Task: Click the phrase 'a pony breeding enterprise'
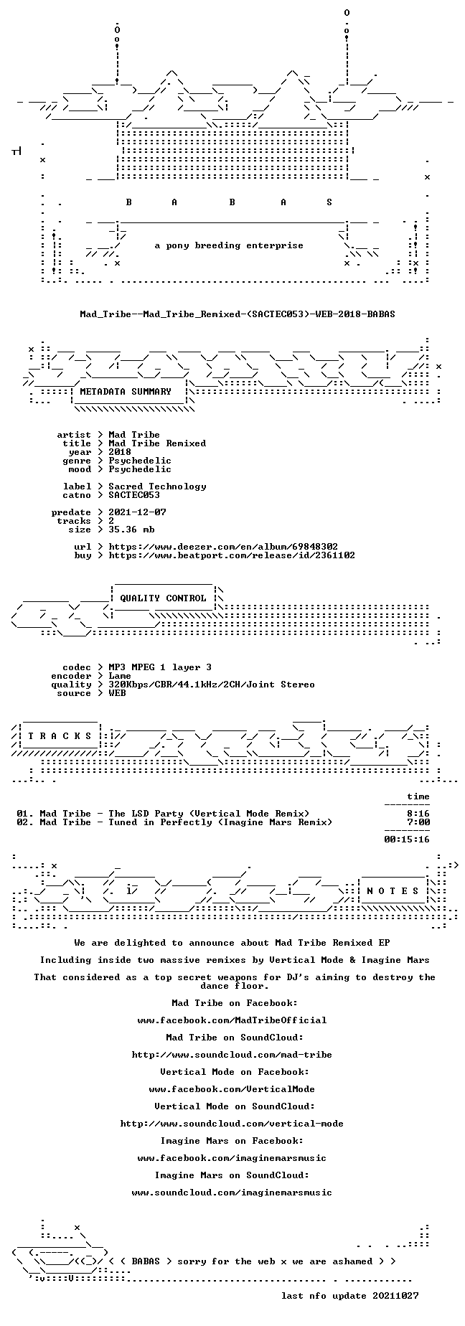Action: point(229,245)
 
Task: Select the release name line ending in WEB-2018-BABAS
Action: point(238,314)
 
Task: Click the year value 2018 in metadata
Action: point(120,452)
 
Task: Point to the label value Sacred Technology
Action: point(157,486)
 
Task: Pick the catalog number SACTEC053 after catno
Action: point(134,495)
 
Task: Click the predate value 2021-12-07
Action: point(137,512)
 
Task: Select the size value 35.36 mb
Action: point(131,530)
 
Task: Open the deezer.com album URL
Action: point(223,547)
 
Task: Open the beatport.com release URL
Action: point(232,555)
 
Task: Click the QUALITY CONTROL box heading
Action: point(163,598)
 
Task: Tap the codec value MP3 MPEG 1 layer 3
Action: point(160,667)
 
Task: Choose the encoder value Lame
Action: point(120,676)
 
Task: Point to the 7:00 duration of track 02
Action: point(418,822)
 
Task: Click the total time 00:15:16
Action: point(407,840)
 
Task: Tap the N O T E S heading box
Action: point(393,891)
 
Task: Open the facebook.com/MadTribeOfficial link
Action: point(232,1020)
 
